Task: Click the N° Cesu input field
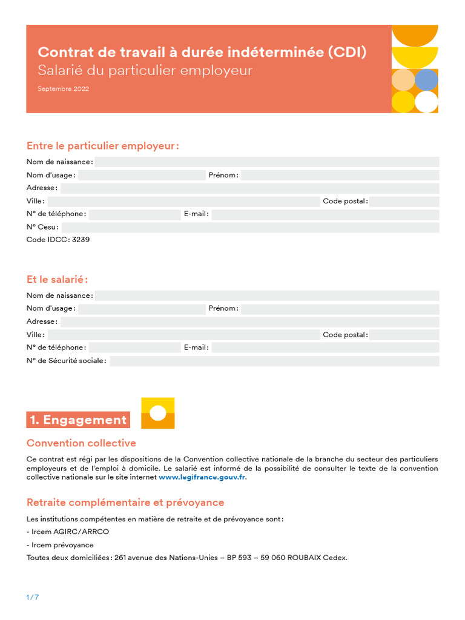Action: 250,227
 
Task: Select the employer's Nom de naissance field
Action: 266,162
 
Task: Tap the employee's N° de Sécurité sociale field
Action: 274,361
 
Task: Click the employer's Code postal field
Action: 404,201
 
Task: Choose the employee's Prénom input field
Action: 340,309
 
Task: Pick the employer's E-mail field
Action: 325,214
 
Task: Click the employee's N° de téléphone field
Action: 134,348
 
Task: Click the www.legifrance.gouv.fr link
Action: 202,477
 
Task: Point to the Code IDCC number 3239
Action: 81,240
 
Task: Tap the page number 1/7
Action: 33,598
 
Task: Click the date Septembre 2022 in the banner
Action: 63,89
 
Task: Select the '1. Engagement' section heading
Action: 78,420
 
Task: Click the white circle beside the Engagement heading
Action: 158,413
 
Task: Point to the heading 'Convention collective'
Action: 81,443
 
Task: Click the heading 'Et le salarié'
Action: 58,279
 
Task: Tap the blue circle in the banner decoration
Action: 426,80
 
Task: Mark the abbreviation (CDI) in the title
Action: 347,53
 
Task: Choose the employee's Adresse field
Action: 249,322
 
